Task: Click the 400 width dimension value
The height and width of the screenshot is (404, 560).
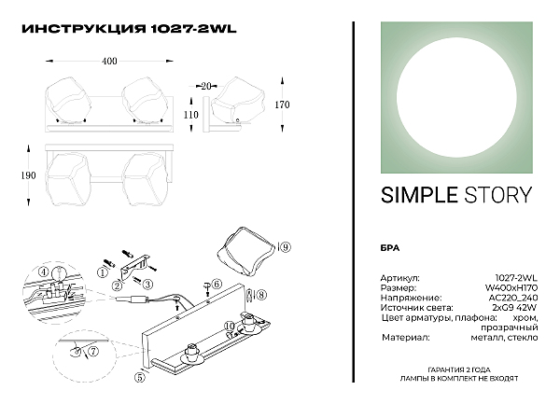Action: point(109,61)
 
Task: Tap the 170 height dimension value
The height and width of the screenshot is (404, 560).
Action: point(282,104)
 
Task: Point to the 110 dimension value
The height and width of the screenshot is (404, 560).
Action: point(191,115)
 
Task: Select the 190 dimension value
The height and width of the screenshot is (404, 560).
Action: point(29,175)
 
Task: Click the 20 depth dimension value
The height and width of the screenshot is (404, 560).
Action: point(206,86)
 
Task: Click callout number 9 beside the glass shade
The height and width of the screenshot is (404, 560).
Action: point(285,247)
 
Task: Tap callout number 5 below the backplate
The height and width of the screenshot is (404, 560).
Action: point(140,377)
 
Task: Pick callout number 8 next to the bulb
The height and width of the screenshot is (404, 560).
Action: point(261,295)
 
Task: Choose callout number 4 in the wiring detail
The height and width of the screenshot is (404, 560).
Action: point(43,272)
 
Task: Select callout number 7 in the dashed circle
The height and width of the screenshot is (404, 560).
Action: point(92,352)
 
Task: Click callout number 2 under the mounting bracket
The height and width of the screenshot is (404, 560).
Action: point(117,286)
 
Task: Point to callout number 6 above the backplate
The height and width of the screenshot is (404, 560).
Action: point(217,284)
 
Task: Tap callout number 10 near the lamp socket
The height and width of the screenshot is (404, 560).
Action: point(231,326)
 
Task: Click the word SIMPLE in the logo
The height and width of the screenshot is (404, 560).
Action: point(419,195)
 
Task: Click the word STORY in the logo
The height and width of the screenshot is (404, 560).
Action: point(497,195)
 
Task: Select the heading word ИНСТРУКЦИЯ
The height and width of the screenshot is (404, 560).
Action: point(84,29)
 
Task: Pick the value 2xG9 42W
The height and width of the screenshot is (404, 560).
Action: point(512,307)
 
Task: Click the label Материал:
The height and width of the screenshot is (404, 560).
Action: point(406,337)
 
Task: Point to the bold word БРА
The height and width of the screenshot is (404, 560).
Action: point(390,248)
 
